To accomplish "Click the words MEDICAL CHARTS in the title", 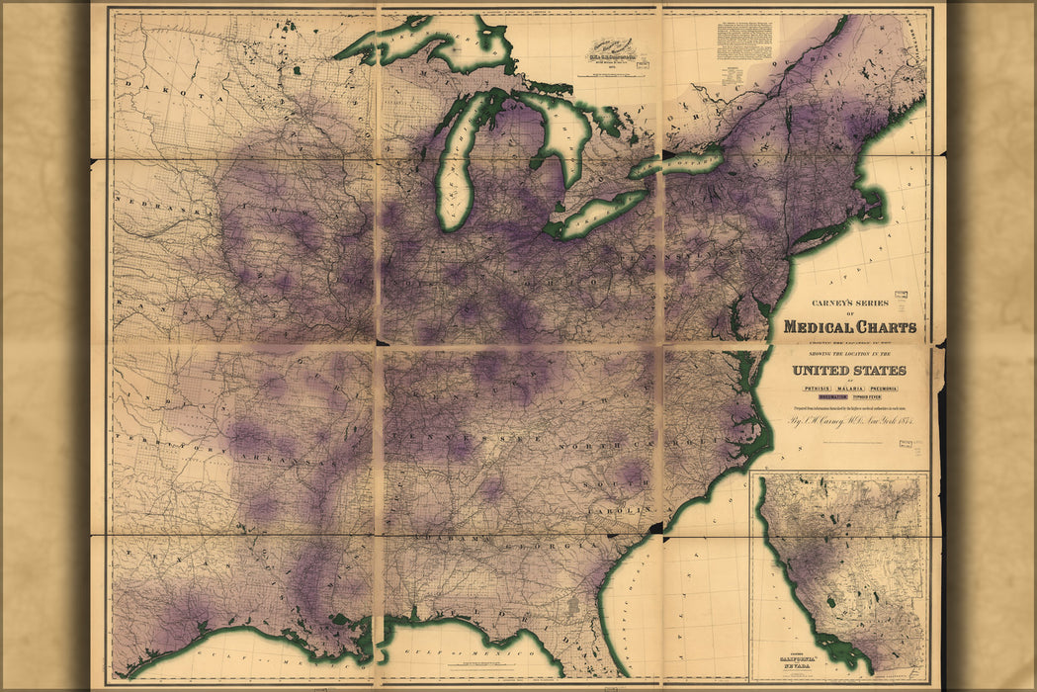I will click(x=849, y=327).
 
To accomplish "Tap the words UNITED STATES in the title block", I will click(x=848, y=371).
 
